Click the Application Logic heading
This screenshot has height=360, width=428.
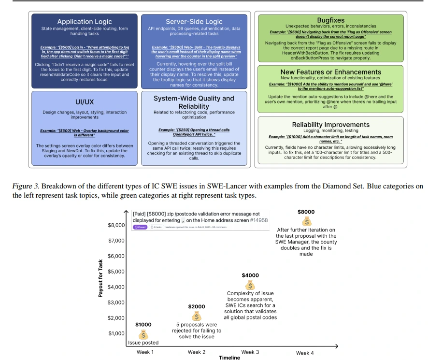tap(85, 22)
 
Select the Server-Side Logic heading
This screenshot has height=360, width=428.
tap(194, 22)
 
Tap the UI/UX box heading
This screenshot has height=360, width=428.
tap(85, 102)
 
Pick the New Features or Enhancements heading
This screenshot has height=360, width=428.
tap(331, 72)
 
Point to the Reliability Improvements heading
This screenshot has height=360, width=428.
tap(331, 125)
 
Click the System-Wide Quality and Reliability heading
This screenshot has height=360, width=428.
tap(194, 102)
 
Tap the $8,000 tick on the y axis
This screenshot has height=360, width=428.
tap(116, 225)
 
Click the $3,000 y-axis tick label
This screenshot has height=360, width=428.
tap(116, 302)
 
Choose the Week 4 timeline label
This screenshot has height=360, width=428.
tap(305, 353)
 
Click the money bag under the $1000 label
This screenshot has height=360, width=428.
tap(143, 334)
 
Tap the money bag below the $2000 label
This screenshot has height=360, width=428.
tap(197, 316)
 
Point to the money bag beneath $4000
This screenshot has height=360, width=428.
tap(250, 285)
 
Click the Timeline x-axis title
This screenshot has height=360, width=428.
tap(229, 358)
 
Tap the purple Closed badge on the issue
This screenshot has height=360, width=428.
tap(140, 227)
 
